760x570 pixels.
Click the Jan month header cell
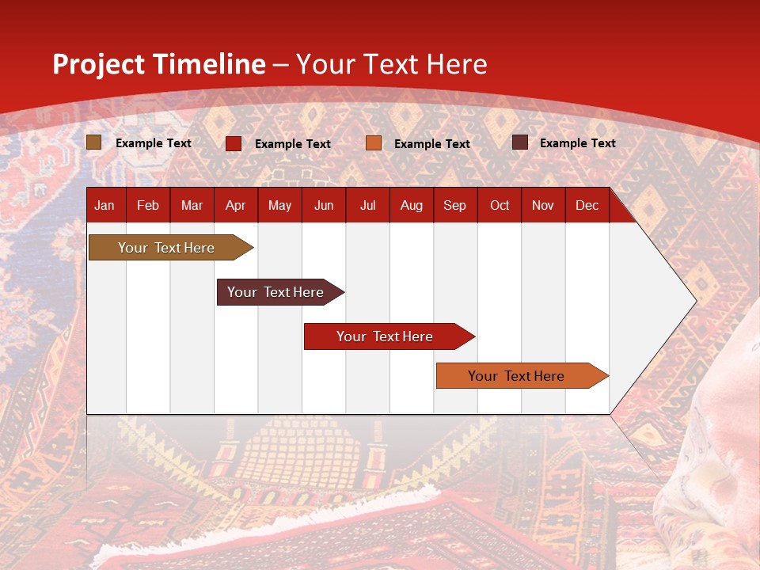tap(105, 205)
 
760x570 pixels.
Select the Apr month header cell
tap(236, 205)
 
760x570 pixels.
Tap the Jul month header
tap(367, 205)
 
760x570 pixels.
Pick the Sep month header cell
tap(455, 205)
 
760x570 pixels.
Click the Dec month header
tap(587, 205)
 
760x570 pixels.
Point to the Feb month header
tap(148, 205)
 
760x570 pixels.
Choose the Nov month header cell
tap(543, 205)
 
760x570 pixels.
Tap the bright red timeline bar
tap(386, 336)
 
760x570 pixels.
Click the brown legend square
tap(94, 142)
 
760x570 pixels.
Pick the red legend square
tap(234, 143)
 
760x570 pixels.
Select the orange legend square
tap(374, 143)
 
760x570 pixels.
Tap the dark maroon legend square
tap(520, 142)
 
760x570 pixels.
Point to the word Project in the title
tap(99, 64)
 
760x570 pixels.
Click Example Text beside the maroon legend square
tap(577, 142)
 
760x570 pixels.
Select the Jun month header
tap(324, 205)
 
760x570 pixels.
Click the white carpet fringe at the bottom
tap(261, 523)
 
